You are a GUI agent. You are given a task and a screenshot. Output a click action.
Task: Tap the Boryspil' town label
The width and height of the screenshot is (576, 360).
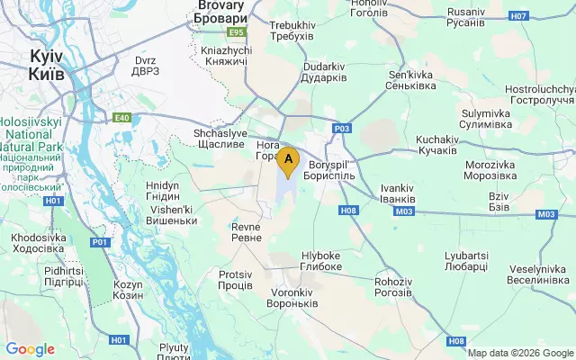point(332,170)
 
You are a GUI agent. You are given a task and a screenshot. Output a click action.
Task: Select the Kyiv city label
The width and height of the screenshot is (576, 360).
point(46,64)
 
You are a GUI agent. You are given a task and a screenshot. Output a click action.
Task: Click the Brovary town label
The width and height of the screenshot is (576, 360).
point(220,12)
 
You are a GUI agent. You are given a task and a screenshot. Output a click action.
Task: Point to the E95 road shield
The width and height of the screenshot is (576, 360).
point(237,32)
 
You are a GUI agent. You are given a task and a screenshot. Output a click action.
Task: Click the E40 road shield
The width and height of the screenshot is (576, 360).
point(122,116)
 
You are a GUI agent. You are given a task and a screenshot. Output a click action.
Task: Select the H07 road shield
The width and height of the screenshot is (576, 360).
point(517,16)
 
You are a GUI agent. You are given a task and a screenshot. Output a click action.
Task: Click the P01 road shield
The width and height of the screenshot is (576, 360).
point(99,242)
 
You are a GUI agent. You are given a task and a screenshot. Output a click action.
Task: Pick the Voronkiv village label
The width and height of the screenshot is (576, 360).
point(293,298)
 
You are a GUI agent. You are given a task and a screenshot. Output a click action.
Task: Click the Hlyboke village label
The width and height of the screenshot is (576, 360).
point(320,261)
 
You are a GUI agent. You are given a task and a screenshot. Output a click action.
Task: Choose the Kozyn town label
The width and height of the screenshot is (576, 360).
point(129,290)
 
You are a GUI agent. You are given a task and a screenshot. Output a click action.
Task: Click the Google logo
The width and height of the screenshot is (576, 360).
point(30,349)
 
